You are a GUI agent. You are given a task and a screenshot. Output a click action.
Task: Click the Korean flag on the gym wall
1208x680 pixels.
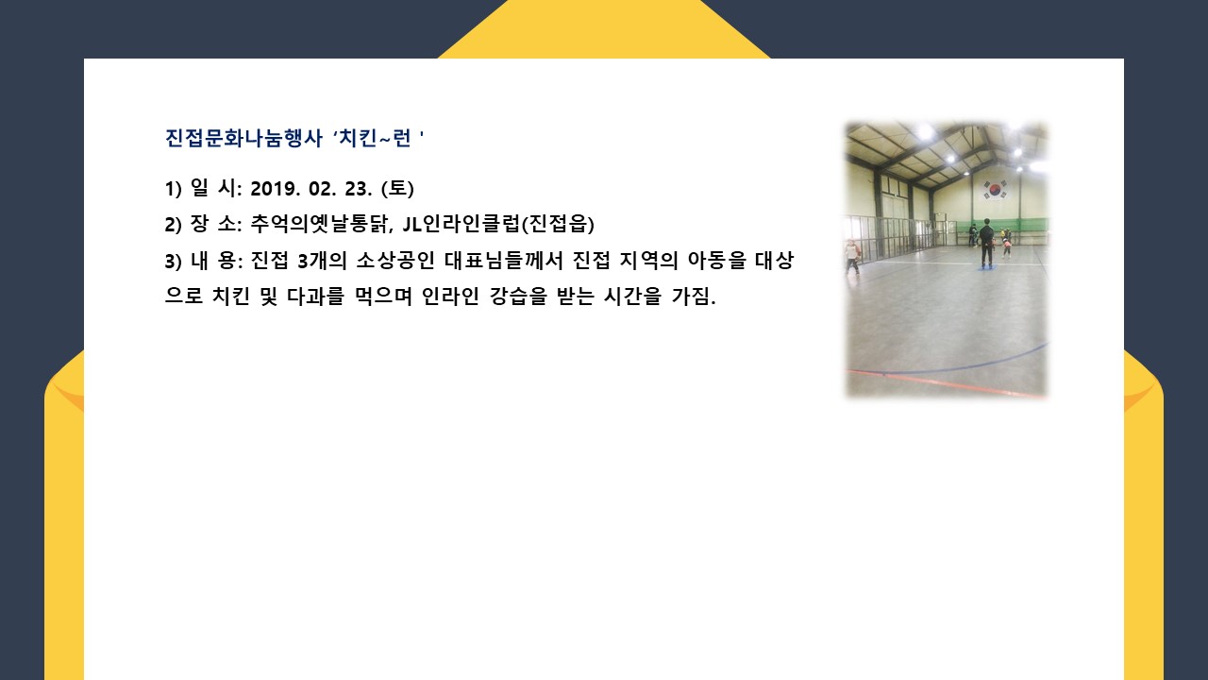(994, 190)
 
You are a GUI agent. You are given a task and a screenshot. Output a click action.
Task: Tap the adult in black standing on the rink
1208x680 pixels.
(986, 243)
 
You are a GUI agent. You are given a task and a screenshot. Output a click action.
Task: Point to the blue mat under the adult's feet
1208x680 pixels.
(986, 266)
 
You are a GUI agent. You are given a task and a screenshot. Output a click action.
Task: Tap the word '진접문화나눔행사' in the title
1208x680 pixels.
(243, 138)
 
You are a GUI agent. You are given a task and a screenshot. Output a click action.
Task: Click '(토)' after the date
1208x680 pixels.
(397, 188)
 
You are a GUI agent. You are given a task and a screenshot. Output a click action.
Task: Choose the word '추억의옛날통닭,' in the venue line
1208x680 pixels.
(322, 224)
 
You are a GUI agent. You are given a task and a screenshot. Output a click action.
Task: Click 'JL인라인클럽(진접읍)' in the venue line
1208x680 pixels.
(499, 224)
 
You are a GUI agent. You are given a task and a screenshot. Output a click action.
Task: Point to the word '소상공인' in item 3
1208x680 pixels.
(395, 261)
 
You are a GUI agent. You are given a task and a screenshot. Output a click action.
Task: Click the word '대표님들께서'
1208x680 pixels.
(504, 261)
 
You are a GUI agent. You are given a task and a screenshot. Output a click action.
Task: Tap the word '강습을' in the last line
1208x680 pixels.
(518, 297)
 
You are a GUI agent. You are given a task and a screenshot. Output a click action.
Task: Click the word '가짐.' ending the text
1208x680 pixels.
(694, 297)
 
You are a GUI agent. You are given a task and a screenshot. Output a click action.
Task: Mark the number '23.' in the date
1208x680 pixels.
(359, 189)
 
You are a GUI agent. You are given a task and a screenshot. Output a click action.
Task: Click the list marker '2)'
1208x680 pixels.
(174, 225)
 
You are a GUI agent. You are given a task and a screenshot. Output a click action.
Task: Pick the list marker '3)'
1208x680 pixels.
(174, 262)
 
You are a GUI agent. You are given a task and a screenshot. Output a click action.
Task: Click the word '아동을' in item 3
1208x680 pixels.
(716, 261)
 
